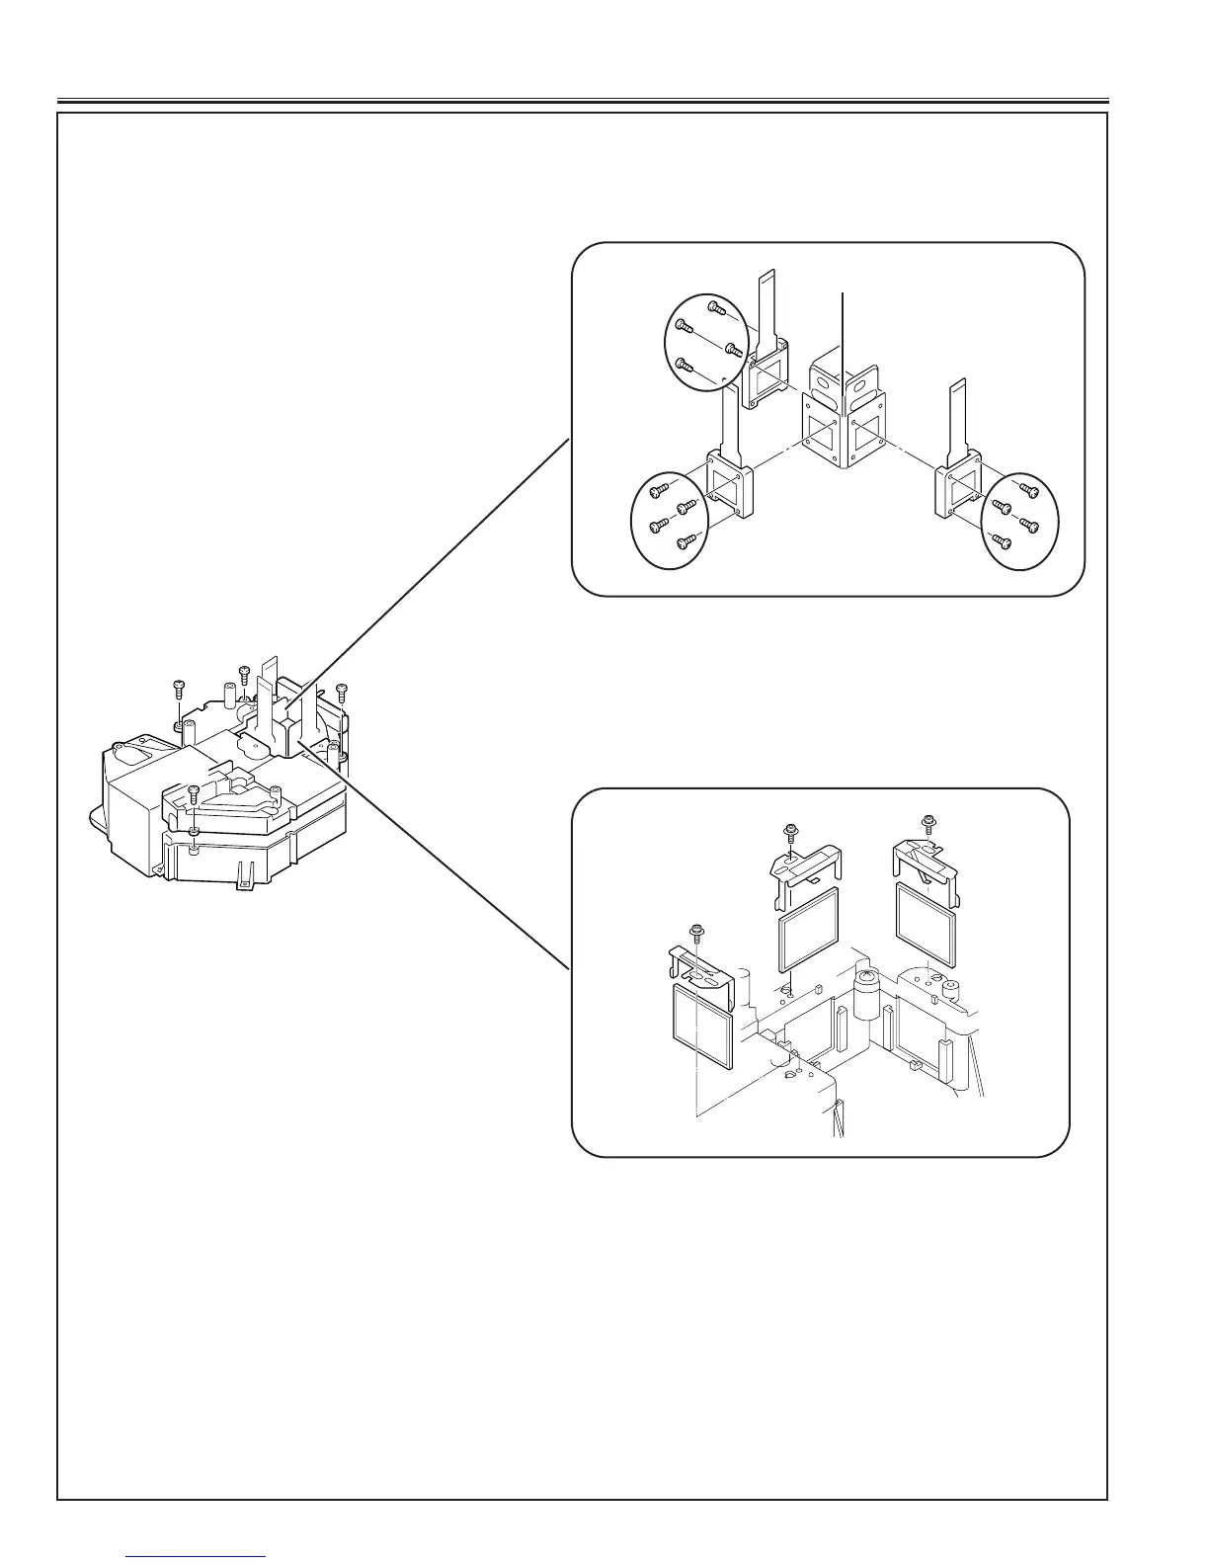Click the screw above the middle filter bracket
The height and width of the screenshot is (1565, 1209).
pyautogui.click(x=790, y=833)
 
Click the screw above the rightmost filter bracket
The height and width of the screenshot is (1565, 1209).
pyautogui.click(x=927, y=822)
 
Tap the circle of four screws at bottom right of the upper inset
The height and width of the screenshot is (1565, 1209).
pyautogui.click(x=1019, y=520)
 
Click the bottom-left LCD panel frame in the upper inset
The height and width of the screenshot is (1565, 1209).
pyautogui.click(x=730, y=488)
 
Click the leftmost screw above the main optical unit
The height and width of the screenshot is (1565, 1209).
pyautogui.click(x=179, y=689)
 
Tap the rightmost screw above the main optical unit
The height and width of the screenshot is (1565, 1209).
pyautogui.click(x=342, y=691)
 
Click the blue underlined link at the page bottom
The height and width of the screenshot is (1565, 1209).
pyautogui.click(x=197, y=1558)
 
